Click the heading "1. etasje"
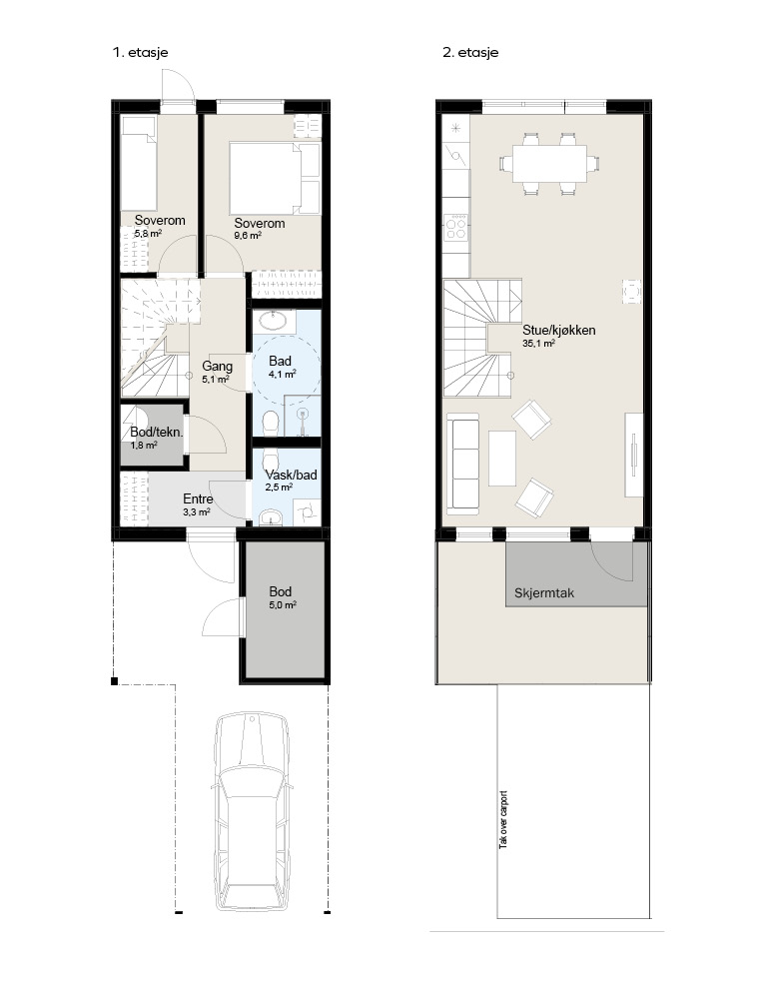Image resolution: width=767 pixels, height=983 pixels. pos(140,53)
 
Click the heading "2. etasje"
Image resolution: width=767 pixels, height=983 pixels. pos(470,53)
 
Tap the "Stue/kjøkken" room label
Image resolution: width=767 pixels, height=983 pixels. pos(559,330)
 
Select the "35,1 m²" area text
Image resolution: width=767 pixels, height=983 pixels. pos(539,344)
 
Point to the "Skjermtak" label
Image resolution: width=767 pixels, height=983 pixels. pos(544,592)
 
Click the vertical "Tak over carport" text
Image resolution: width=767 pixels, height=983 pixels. pos(503,819)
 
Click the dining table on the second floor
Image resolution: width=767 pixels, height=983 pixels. pos(549,164)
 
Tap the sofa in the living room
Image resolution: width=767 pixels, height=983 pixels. pos(463,461)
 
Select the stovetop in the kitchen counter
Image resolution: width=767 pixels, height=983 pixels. pos(455,227)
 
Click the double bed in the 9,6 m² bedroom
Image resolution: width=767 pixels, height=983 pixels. pos(275,178)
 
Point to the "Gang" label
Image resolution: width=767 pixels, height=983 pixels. pos(218,366)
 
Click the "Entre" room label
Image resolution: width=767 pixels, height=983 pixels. pos(198,499)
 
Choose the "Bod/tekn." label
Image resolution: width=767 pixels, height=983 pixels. pos(157,432)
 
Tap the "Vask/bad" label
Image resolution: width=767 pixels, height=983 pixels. pos(291,475)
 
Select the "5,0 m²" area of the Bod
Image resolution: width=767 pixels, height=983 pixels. pos(283,605)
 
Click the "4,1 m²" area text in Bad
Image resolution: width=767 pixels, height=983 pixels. pos(283,375)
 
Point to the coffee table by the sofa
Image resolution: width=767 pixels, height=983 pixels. pos(502,458)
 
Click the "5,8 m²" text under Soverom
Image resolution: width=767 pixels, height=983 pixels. pos(149,233)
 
